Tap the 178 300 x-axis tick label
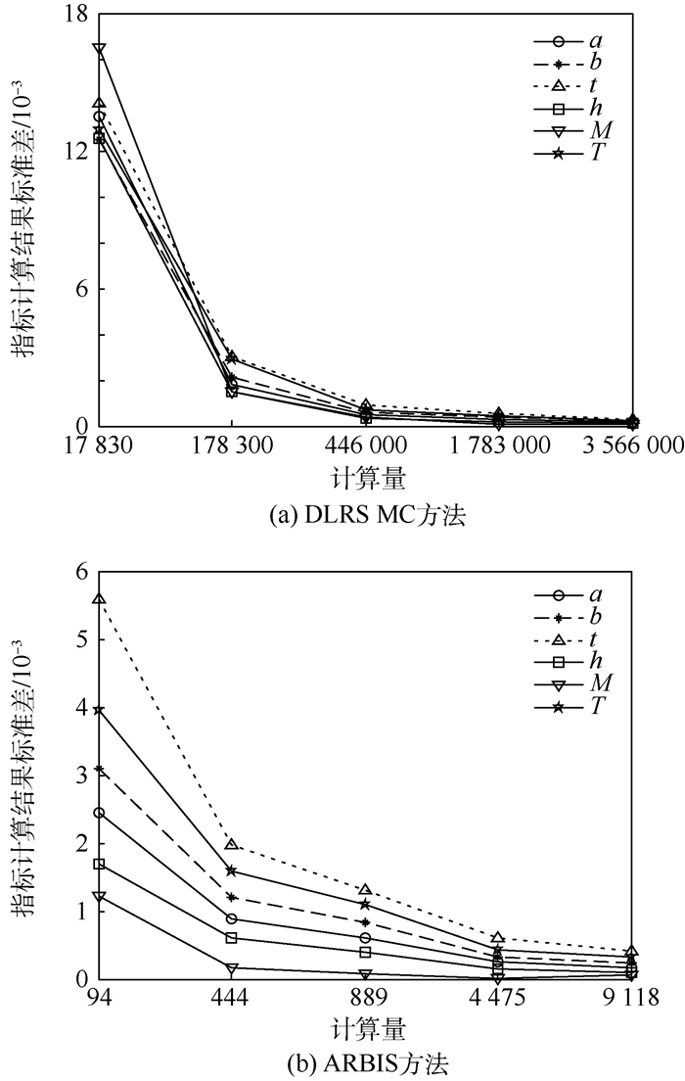click(231, 446)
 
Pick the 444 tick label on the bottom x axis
click(232, 1000)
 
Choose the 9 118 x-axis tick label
click(631, 1000)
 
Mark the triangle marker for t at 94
click(99, 598)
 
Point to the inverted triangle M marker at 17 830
click(99, 48)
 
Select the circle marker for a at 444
click(232, 918)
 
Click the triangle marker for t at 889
click(365, 890)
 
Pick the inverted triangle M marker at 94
click(99, 897)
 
